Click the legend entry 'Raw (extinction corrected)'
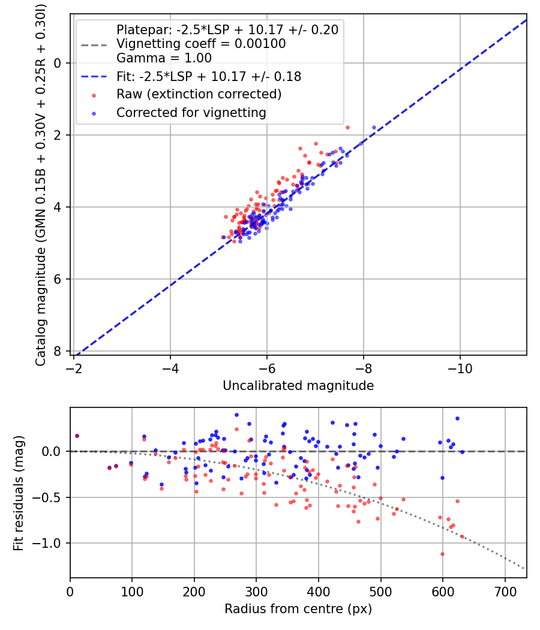[199, 94]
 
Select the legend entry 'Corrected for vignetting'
[191, 112]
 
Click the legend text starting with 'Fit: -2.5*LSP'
[209, 77]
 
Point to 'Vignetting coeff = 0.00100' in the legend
[201, 44]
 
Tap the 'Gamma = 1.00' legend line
[164, 58]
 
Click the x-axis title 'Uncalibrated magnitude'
[298, 386]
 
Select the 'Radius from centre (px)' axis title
[298, 609]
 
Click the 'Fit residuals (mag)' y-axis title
[19, 493]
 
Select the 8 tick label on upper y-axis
[58, 351]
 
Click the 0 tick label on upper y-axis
[58, 63]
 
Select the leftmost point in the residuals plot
[77, 436]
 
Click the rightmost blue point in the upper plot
[374, 127]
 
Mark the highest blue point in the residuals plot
[236, 415]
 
